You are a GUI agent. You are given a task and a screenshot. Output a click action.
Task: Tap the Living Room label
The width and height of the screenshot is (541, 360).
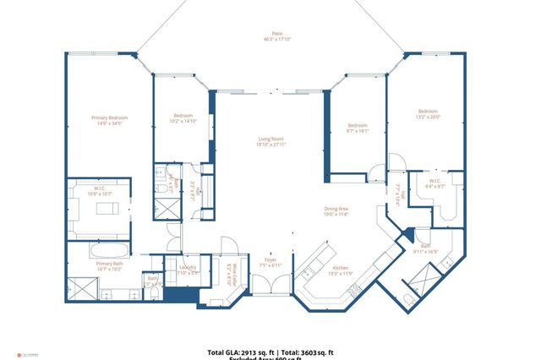click(270, 141)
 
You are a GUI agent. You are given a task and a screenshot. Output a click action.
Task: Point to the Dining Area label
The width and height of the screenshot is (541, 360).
click(336, 211)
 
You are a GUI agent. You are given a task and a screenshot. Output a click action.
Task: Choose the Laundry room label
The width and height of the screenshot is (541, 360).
click(188, 270)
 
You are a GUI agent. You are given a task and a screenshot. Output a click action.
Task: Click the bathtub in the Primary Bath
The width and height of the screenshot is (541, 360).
click(110, 251)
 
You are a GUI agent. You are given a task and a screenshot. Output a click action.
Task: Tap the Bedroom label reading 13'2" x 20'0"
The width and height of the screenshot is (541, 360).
click(428, 114)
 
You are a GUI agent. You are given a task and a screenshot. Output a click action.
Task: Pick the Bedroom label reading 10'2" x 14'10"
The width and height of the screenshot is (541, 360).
click(183, 118)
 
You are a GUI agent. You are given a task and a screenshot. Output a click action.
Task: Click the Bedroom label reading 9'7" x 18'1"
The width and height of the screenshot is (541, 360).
click(358, 128)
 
